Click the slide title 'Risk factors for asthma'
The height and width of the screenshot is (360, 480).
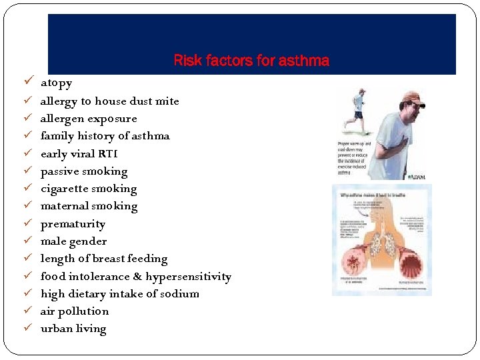tap(251, 61)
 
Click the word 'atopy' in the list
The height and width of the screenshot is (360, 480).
tap(56, 83)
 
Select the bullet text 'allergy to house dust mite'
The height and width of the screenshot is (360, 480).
tap(109, 101)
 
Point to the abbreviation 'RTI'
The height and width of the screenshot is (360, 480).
tap(107, 154)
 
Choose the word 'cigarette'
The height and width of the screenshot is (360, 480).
tap(65, 189)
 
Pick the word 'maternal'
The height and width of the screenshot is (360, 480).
tap(63, 206)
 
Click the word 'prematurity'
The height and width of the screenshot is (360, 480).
tap(73, 224)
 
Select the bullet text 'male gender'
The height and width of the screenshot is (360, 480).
tap(73, 241)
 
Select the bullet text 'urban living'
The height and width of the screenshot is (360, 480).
tap(73, 329)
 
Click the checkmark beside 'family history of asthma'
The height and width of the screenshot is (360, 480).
tap(27, 136)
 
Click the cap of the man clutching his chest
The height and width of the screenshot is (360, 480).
tap(413, 97)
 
